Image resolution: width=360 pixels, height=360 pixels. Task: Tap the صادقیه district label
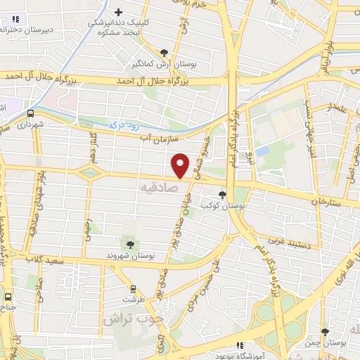click(157, 187)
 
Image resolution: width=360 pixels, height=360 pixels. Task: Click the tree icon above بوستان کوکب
click(222, 195)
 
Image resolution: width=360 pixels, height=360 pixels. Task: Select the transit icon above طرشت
click(133, 288)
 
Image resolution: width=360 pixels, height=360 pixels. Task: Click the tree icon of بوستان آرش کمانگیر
click(164, 52)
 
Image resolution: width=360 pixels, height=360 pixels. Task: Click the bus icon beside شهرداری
click(31, 112)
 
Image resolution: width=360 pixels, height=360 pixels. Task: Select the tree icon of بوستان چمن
click(323, 332)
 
